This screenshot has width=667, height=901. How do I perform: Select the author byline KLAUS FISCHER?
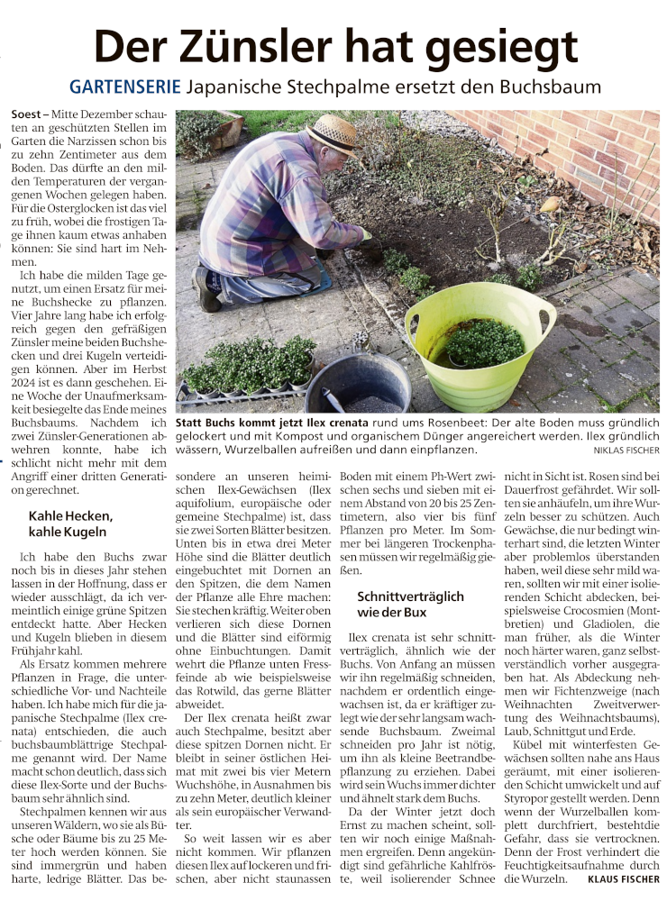click(x=623, y=878)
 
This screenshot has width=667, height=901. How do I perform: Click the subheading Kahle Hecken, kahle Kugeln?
click(x=70, y=524)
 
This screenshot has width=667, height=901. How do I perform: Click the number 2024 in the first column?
click(x=27, y=378)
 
